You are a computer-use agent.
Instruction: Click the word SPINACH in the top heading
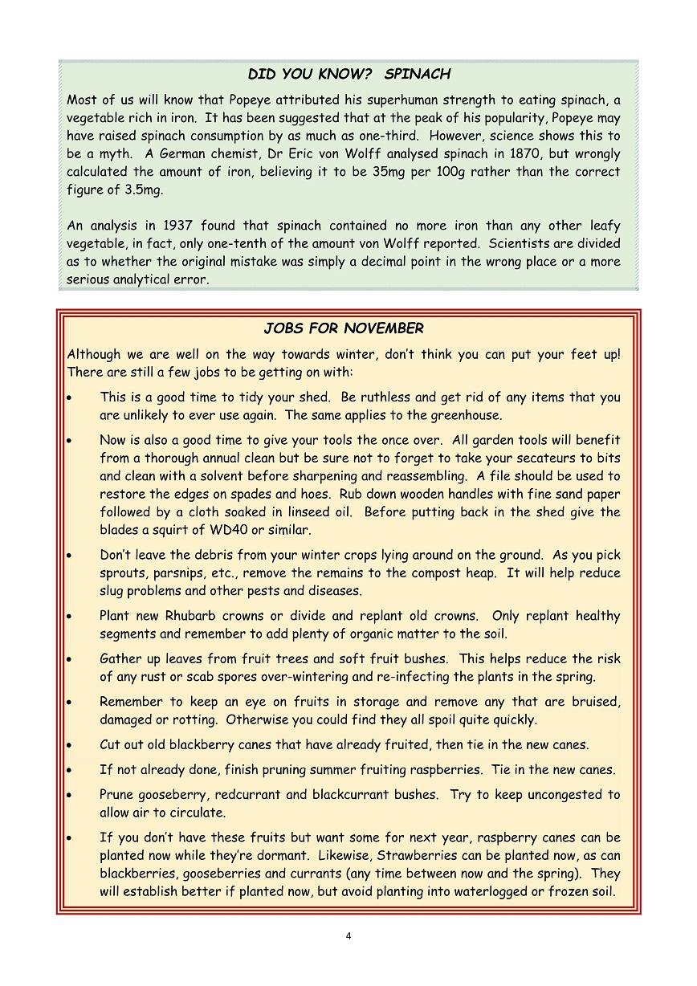tap(418, 75)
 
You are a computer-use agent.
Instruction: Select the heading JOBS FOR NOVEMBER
tap(344, 328)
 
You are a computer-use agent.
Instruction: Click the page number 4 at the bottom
tap(348, 935)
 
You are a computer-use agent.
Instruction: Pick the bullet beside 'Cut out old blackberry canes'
tap(71, 745)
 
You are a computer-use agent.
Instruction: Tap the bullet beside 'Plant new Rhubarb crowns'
tap(71, 617)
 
